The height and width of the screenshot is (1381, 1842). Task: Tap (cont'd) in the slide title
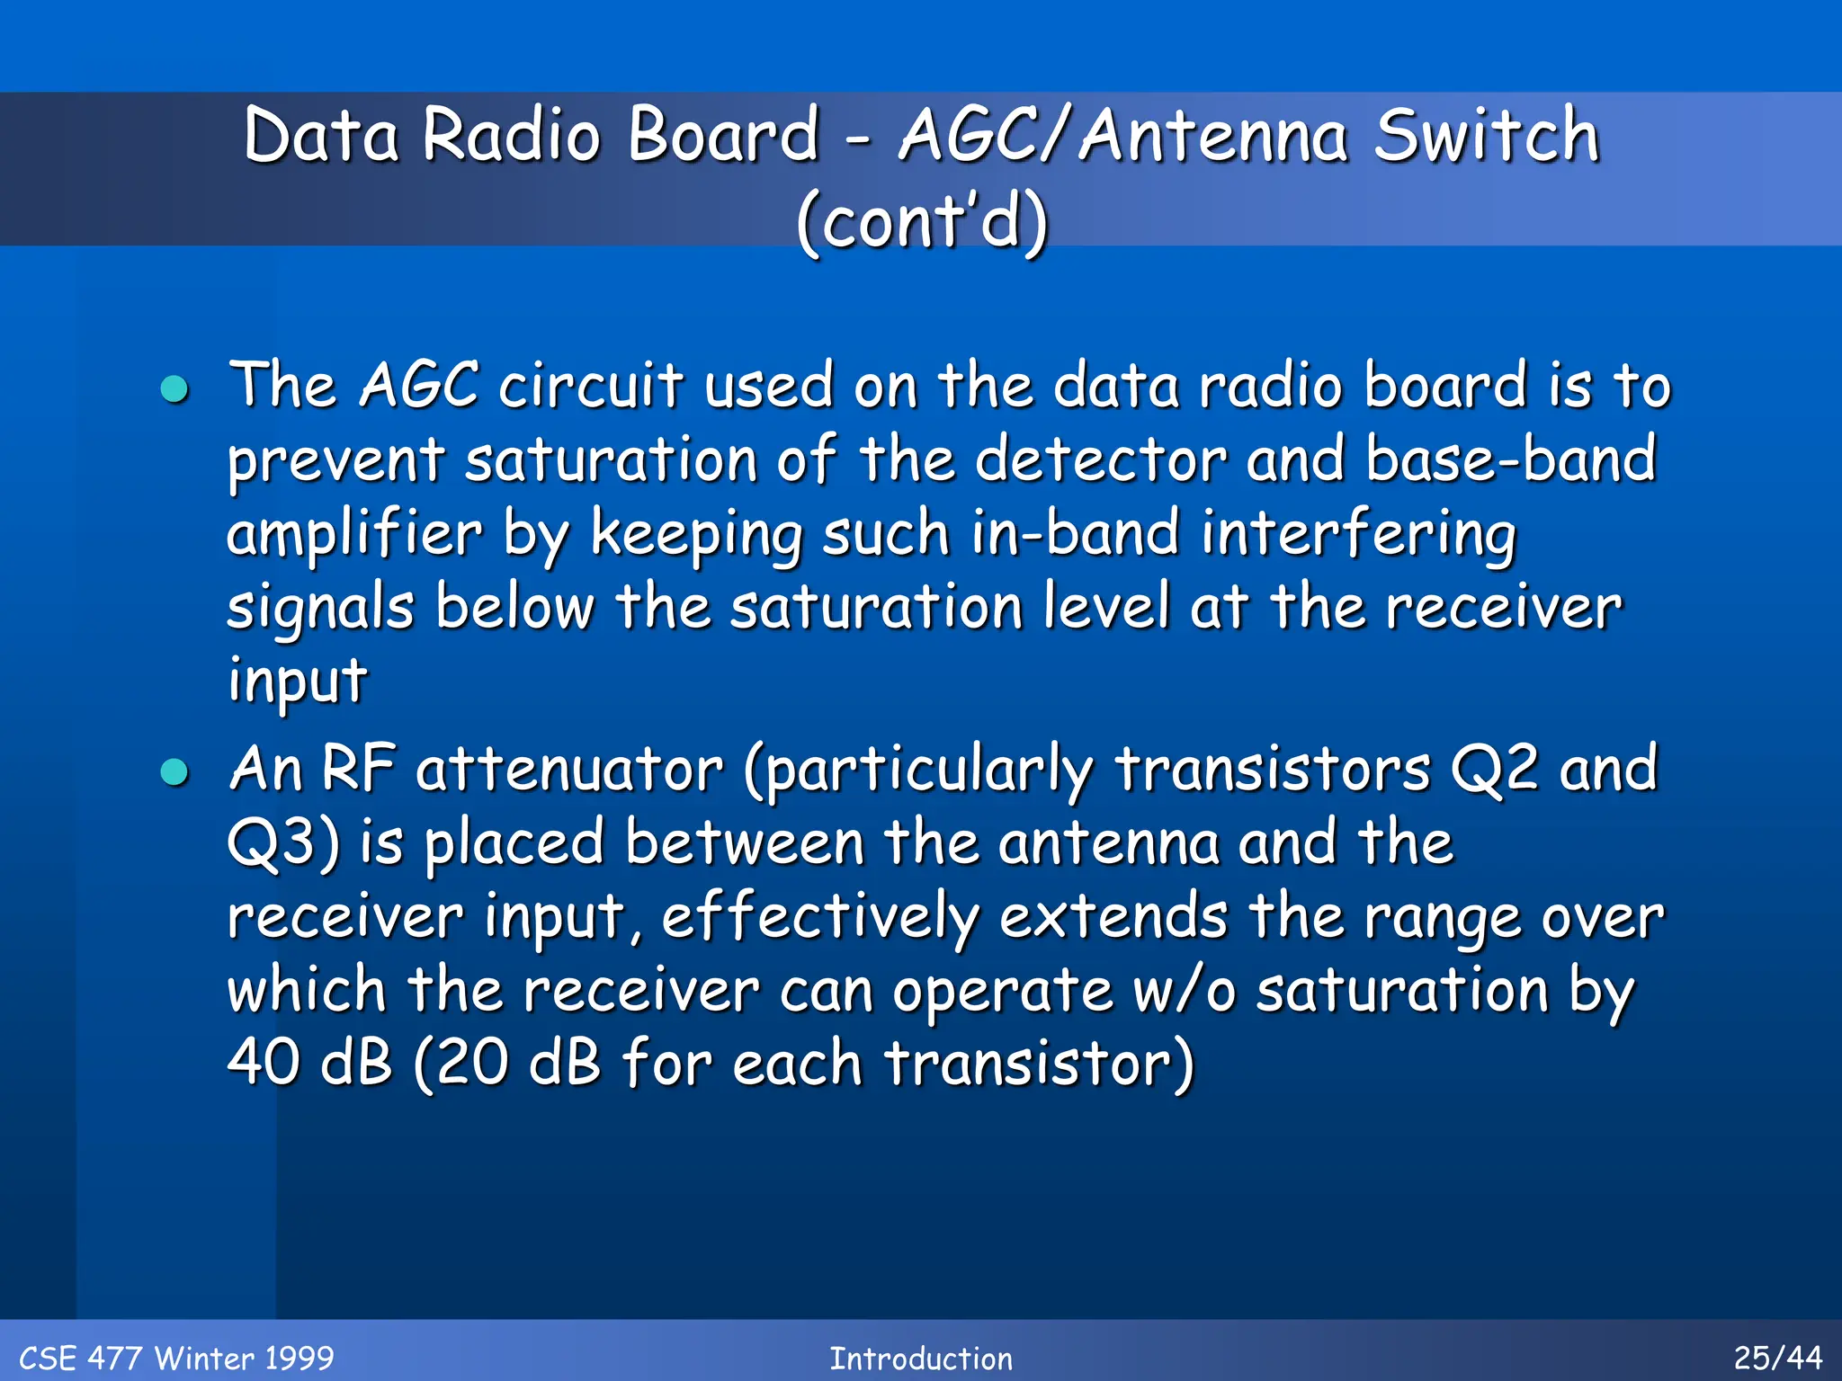point(922,221)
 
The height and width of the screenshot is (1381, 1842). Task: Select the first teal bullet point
point(174,389)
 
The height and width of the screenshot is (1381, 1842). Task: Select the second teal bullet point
point(174,772)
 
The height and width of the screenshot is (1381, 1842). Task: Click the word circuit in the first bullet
point(591,386)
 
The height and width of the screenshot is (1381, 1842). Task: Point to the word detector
point(1101,459)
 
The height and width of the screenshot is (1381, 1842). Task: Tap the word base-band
point(1510,459)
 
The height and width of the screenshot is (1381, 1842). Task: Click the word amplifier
point(353,534)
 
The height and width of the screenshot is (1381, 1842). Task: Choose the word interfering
point(1359,534)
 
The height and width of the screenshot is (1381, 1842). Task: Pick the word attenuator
point(569,771)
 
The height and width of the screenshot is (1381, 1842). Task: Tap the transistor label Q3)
point(283,844)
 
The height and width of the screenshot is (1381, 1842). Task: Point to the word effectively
point(819,918)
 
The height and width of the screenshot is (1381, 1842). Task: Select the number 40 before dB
point(264,1064)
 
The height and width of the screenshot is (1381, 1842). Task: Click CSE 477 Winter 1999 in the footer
point(176,1358)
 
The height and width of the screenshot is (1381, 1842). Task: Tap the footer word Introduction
point(921,1358)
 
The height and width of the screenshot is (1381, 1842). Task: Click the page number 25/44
point(1777,1358)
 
